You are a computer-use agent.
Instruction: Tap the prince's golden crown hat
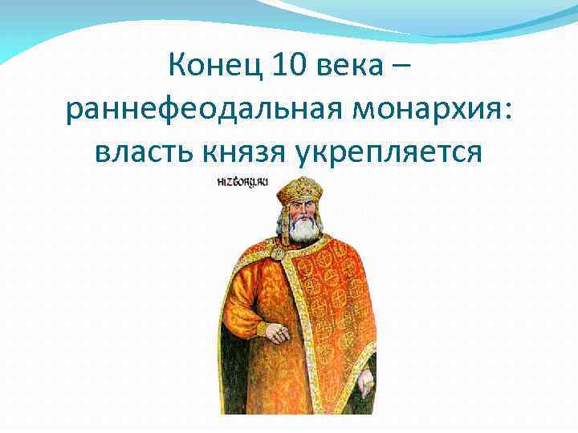300,189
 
